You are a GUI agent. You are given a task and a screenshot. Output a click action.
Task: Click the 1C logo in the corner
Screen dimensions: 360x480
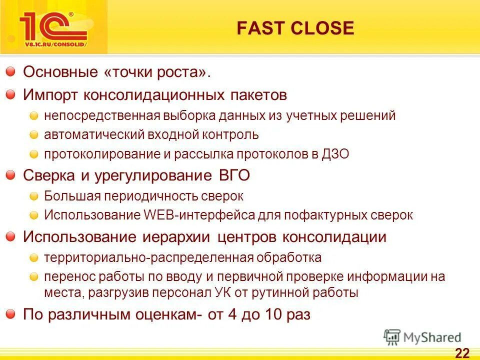pyautogui.click(x=53, y=29)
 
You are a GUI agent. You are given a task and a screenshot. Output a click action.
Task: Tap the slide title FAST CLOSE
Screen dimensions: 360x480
pyautogui.click(x=295, y=28)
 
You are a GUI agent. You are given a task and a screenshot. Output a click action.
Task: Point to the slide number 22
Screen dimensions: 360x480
pyautogui.click(x=462, y=353)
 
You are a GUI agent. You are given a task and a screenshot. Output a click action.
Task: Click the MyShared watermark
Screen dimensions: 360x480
pyautogui.click(x=422, y=337)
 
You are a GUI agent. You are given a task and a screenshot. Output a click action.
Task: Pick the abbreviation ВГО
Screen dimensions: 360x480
pyautogui.click(x=234, y=175)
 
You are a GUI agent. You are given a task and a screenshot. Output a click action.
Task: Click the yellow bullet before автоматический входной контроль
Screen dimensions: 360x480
pyautogui.click(x=33, y=135)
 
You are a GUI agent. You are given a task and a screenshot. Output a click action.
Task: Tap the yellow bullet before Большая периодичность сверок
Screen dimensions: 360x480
pyautogui.click(x=33, y=196)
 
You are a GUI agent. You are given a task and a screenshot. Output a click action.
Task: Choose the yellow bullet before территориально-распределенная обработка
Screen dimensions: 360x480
pyautogui.click(x=33, y=258)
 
